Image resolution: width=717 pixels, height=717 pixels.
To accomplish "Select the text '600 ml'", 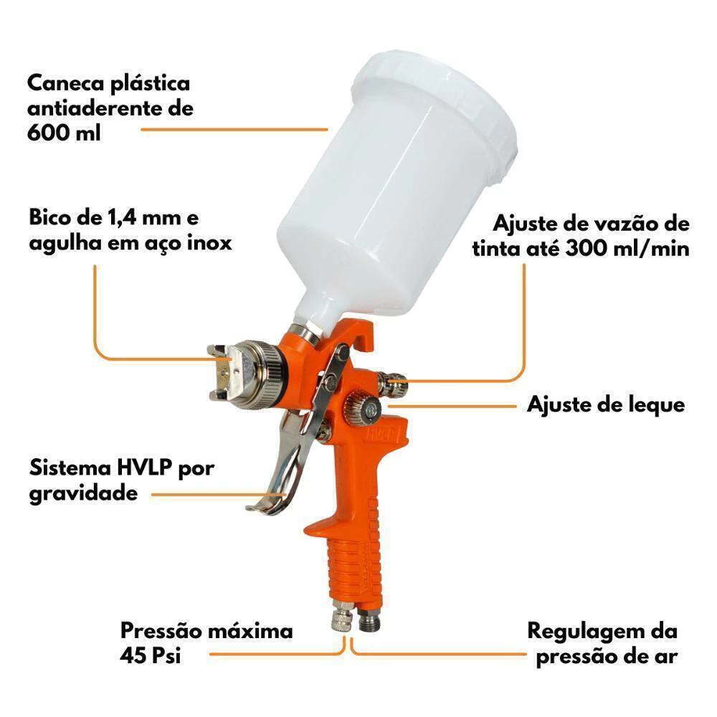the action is coord(64,133).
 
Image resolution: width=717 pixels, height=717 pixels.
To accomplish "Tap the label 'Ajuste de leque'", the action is coord(606,405).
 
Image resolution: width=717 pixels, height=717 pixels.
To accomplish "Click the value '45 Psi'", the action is coord(150,656).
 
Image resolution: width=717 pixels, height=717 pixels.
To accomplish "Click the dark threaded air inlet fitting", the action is coord(369,619).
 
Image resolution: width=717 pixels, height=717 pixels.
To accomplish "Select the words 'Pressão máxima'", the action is coord(206,632).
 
